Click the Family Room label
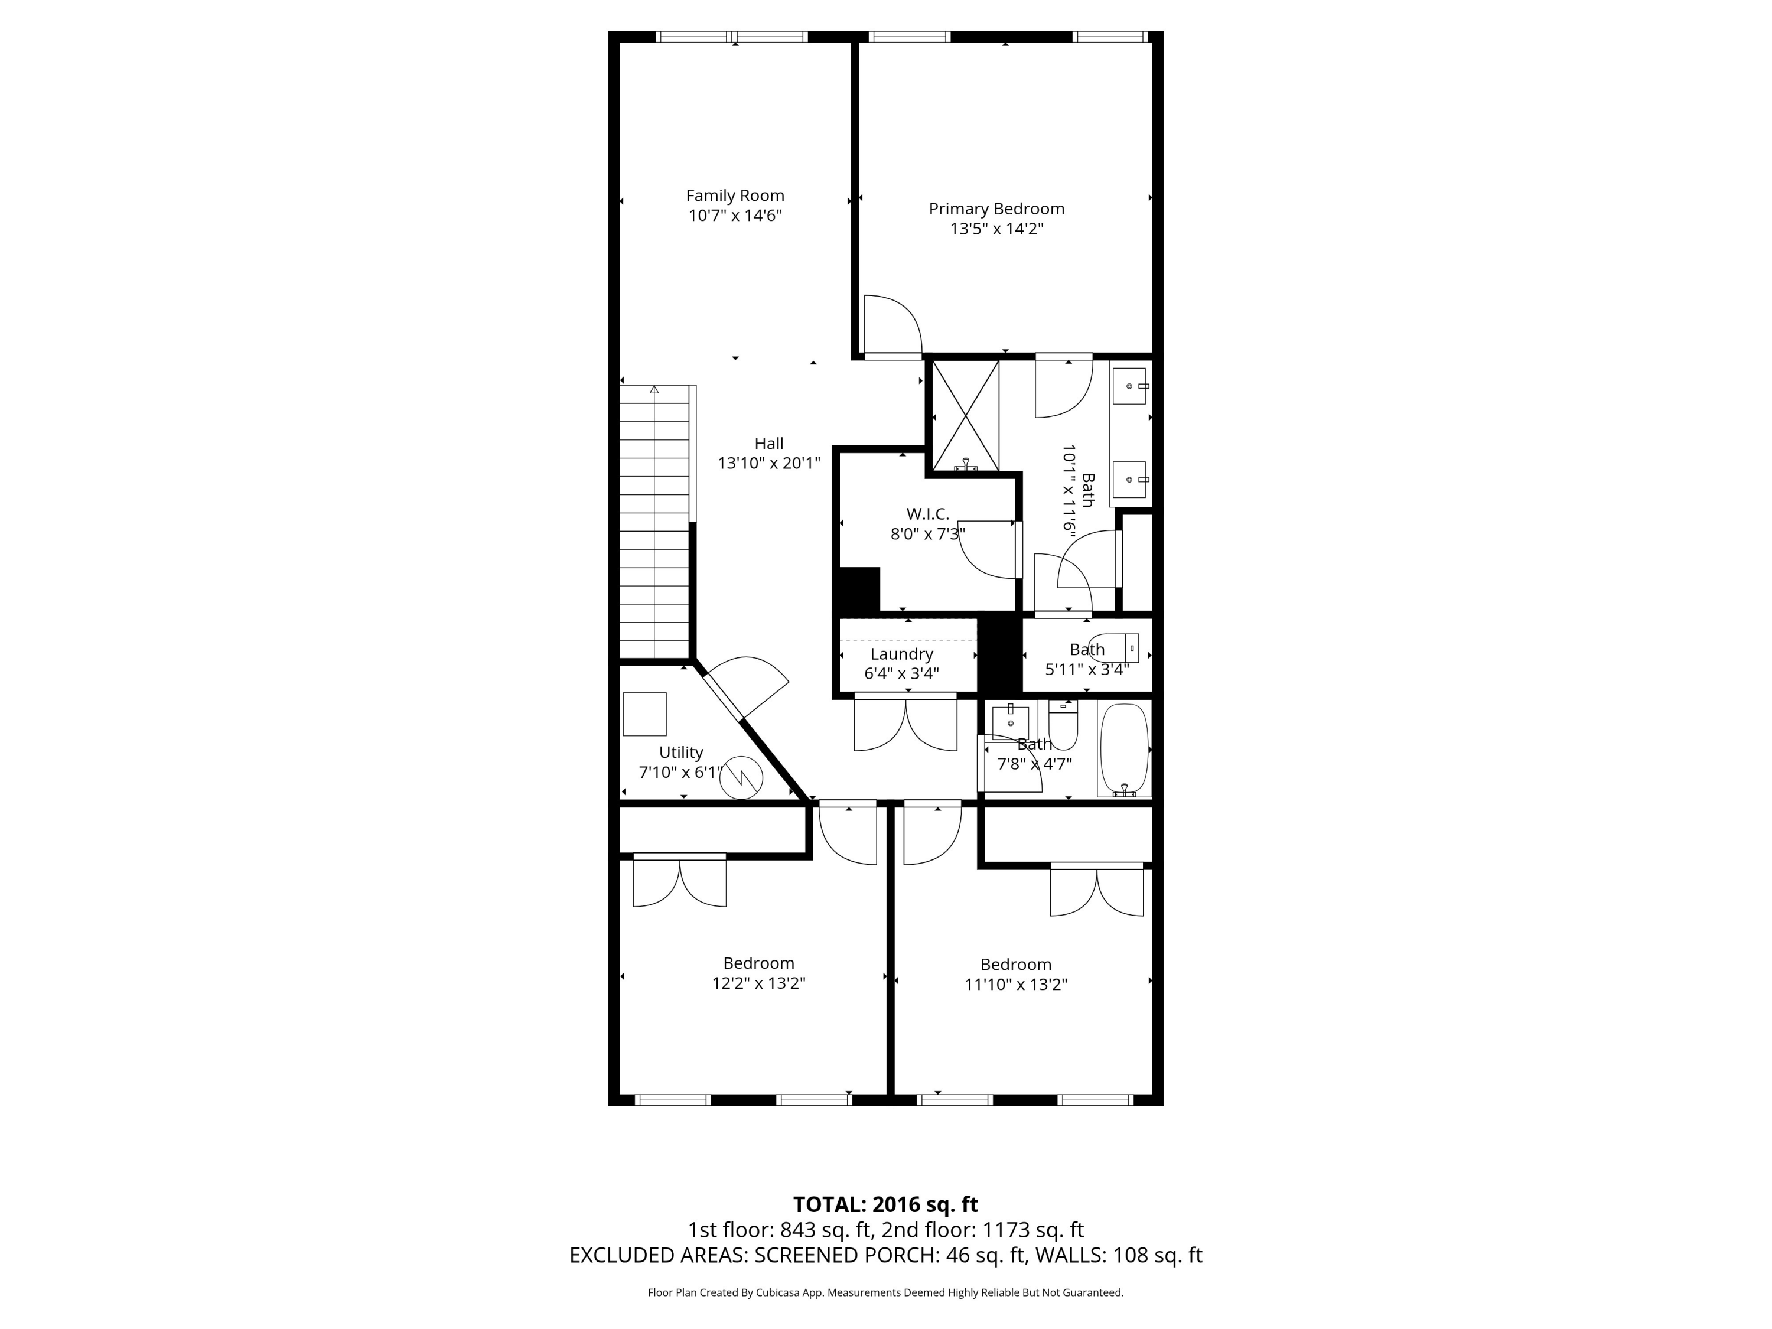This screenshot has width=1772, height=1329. click(735, 196)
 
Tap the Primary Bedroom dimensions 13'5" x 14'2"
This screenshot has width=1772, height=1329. click(996, 229)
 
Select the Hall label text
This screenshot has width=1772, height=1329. click(768, 444)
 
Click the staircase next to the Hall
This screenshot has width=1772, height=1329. click(654, 521)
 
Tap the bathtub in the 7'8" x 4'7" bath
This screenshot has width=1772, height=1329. click(1124, 749)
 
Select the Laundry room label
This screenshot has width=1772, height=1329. click(901, 654)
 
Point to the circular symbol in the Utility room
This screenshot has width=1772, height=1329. click(741, 777)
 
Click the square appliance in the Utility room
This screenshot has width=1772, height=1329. click(645, 714)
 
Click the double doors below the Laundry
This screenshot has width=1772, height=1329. click(905, 724)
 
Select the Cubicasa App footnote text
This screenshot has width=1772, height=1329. click(885, 1292)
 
